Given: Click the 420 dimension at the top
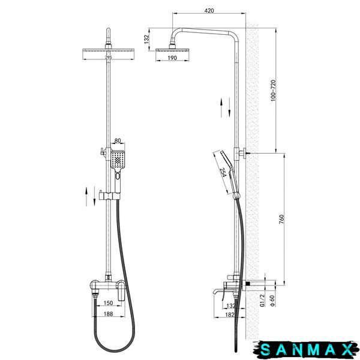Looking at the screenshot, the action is tap(209, 11).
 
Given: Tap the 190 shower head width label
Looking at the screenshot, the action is tap(172, 58).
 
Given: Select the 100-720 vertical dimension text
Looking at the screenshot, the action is tap(273, 91).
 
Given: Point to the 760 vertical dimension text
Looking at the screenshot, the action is tap(282, 219).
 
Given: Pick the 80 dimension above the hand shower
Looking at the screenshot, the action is tap(118, 140).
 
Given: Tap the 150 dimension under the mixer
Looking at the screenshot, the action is tap(108, 303).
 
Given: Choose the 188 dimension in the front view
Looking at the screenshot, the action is tap(108, 314).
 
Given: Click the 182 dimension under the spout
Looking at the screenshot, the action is tap(230, 315).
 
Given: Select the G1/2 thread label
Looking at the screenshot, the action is tap(262, 301).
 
